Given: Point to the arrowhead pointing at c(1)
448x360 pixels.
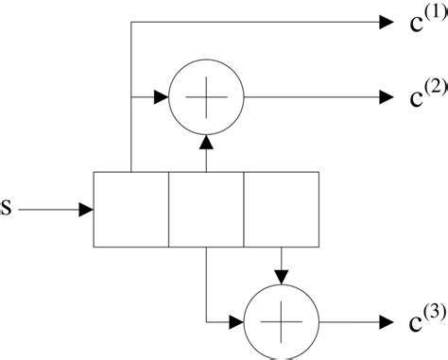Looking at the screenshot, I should pyautogui.click(x=385, y=21).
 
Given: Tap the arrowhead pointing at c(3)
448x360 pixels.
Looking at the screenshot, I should pyautogui.click(x=385, y=321).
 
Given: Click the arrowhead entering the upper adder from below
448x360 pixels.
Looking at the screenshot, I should pyautogui.click(x=206, y=140).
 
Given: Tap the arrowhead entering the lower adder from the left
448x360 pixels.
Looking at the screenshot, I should pyautogui.click(x=236, y=321).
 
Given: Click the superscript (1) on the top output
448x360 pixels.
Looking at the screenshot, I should pyautogui.click(x=437, y=12).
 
